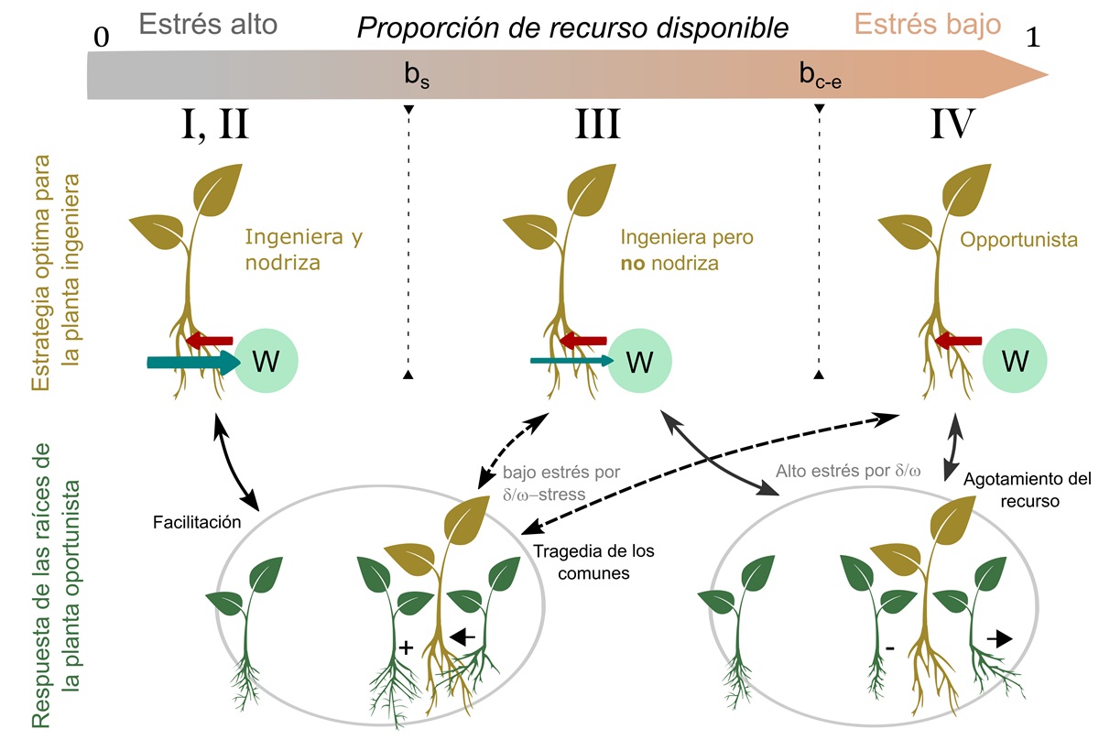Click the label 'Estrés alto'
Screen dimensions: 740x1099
pyautogui.click(x=208, y=25)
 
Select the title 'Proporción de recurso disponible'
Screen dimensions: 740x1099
pyautogui.click(x=572, y=28)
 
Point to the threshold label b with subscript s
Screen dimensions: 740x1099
pyautogui.click(x=418, y=75)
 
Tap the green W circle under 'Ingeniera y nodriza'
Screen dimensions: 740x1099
pyautogui.click(x=266, y=363)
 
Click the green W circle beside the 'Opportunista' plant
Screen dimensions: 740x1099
pyautogui.click(x=1014, y=363)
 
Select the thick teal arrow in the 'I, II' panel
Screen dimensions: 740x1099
pyautogui.click(x=191, y=364)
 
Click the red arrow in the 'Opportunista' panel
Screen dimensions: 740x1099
pyautogui.click(x=960, y=342)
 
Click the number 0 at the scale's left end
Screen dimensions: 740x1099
pyautogui.click(x=101, y=38)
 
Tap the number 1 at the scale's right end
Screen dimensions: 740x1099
pyautogui.click(x=1035, y=39)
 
